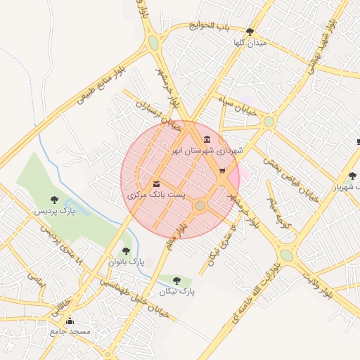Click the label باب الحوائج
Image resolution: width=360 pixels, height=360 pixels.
(209, 27)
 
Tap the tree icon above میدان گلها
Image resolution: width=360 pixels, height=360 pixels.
(250, 32)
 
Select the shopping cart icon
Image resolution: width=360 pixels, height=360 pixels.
(222, 170)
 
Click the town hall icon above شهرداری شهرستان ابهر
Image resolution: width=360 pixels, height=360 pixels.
(206, 139)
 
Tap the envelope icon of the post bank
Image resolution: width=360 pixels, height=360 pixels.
(156, 184)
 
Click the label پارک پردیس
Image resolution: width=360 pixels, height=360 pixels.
(54, 210)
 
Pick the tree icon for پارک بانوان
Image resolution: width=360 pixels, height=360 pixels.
(126, 250)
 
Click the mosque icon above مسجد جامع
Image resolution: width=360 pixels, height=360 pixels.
(69, 321)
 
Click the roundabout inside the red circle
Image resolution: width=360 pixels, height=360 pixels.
(200, 205)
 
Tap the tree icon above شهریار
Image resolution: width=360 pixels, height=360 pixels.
(352, 176)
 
